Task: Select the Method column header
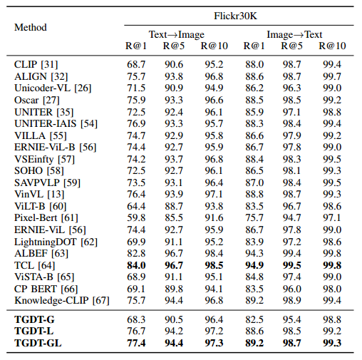(31, 27)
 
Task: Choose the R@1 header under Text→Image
(136, 46)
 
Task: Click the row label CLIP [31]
(36, 64)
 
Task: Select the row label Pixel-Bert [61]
(43, 217)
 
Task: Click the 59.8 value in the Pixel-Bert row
(136, 217)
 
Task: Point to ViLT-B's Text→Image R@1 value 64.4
(136, 205)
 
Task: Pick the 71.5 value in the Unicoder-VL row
(136, 88)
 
